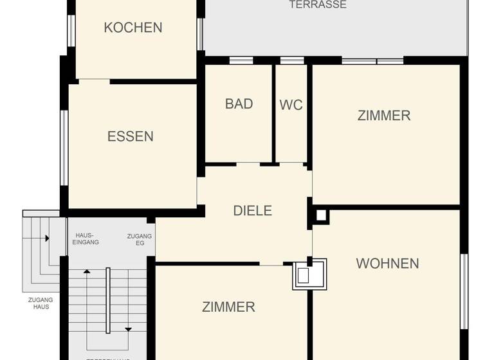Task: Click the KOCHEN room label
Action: point(133,28)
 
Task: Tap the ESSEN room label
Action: point(131,136)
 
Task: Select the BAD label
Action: point(239,104)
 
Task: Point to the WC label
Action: point(291,105)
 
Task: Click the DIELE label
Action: point(252,211)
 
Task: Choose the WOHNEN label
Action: point(387,264)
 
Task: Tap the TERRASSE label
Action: point(318,5)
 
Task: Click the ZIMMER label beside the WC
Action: point(384,116)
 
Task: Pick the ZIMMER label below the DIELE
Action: point(228,307)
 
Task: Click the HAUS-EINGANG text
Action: point(87,239)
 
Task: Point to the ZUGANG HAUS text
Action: point(41,303)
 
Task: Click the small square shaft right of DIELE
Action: point(321,216)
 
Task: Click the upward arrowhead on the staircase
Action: point(87,272)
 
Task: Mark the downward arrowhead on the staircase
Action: point(128,328)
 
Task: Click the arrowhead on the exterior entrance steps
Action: point(47,238)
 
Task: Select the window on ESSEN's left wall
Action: point(64,148)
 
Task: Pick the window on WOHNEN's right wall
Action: point(464,291)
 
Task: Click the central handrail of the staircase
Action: point(108,300)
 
